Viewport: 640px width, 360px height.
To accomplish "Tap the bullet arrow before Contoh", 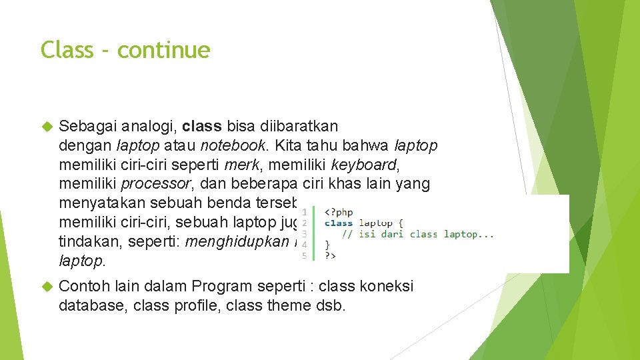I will [x=47, y=287].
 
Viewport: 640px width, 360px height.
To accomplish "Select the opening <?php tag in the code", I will [x=338, y=211].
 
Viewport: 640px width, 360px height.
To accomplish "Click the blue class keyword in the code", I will [x=339, y=223].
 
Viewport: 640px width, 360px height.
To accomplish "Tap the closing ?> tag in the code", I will [x=331, y=255].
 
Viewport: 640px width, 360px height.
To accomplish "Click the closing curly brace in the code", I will [x=327, y=245].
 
